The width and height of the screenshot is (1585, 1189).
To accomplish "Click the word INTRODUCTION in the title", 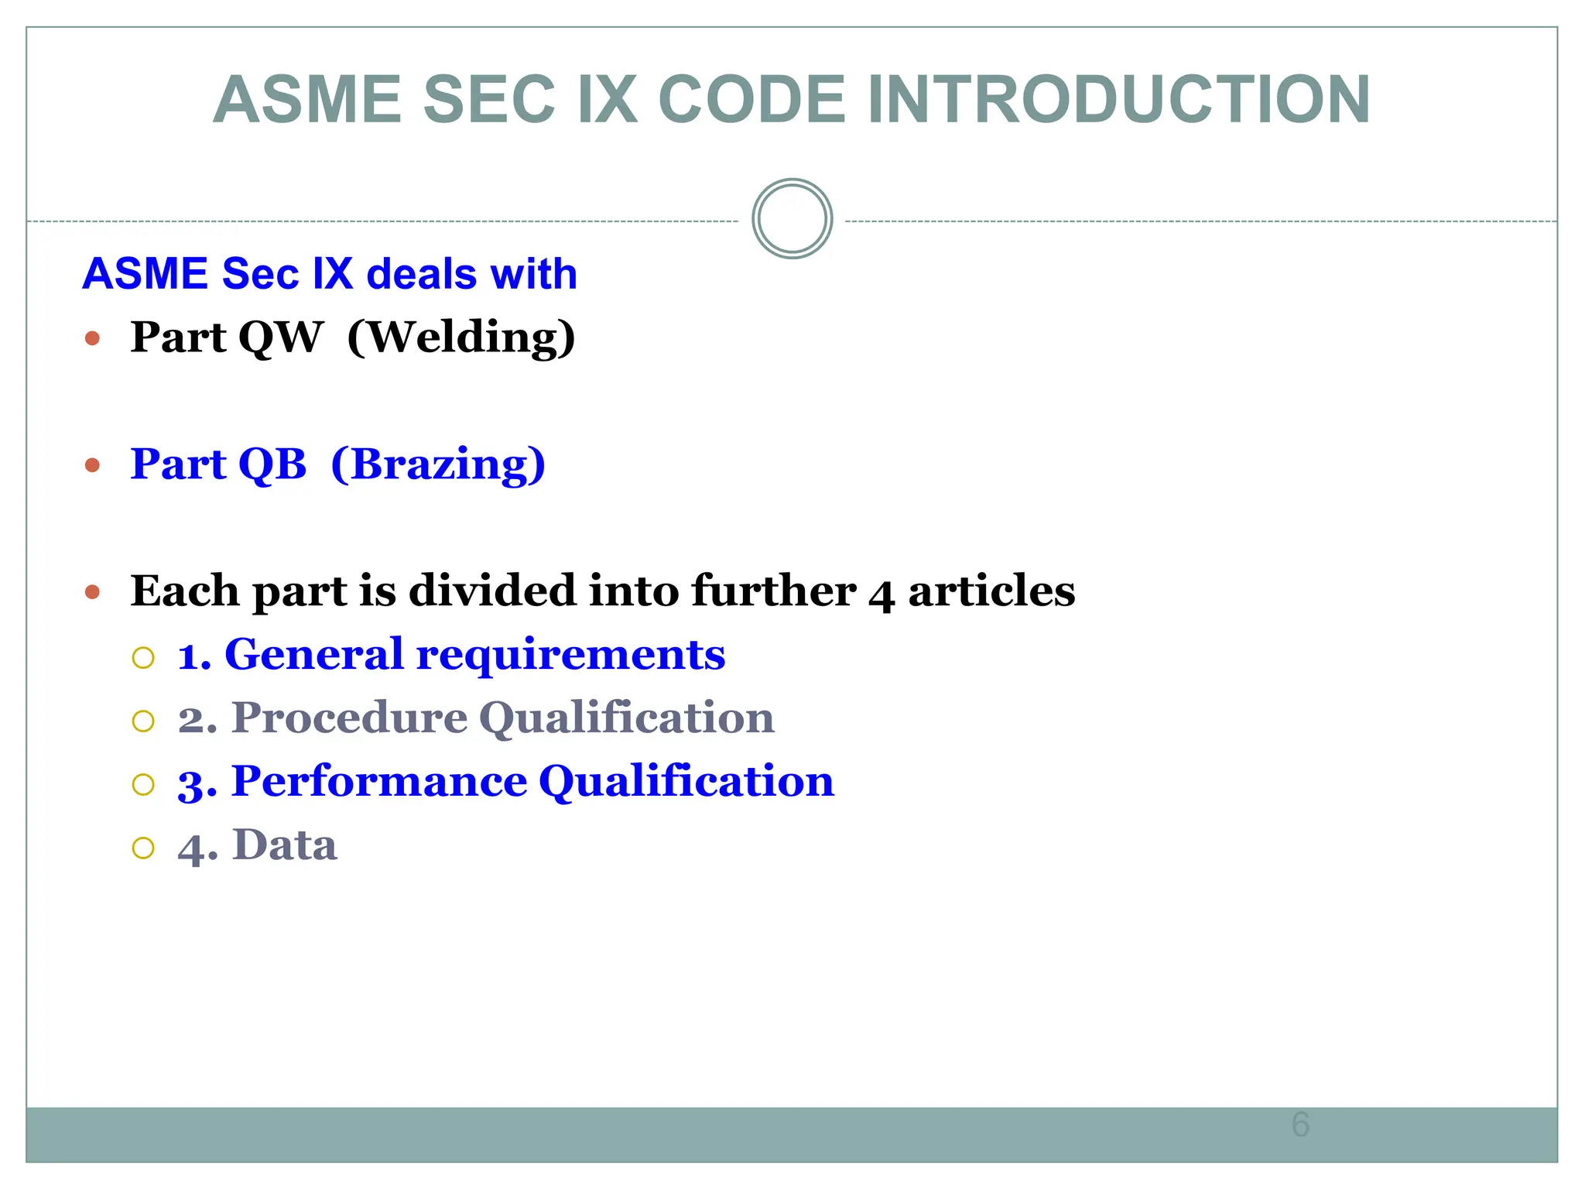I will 1118,100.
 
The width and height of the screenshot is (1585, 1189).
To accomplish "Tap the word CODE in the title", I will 751,100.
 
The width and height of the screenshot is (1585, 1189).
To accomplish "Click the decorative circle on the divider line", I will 792,219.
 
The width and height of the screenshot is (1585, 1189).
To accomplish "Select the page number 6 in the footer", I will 1300,1124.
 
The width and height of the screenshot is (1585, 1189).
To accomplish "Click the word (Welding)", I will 461,338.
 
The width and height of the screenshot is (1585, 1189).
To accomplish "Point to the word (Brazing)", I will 438,464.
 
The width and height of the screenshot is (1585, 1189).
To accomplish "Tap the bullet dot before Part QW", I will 93,338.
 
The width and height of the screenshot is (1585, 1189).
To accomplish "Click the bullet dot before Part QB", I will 93,465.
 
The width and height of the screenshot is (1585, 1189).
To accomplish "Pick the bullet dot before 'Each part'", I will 93,593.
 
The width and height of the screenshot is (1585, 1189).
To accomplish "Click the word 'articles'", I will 991,591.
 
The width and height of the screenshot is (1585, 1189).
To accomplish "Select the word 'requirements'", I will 570,656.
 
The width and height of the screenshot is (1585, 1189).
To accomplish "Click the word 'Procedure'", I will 349,718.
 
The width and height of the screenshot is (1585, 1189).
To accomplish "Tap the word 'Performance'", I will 379,781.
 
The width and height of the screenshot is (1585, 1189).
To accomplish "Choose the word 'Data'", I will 285,845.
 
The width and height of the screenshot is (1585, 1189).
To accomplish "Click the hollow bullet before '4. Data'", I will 143,848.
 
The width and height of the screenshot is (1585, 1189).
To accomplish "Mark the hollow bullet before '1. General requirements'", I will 143,658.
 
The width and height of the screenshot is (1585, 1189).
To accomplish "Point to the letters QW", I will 280,338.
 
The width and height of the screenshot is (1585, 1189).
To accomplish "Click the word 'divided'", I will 492,591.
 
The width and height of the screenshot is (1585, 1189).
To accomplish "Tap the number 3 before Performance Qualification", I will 191,783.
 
